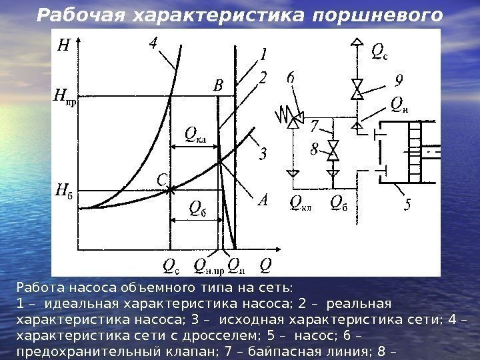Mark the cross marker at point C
[x=171, y=190]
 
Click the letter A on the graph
[x=262, y=200]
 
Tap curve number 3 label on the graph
[x=263, y=155]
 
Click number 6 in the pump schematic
[x=291, y=79]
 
